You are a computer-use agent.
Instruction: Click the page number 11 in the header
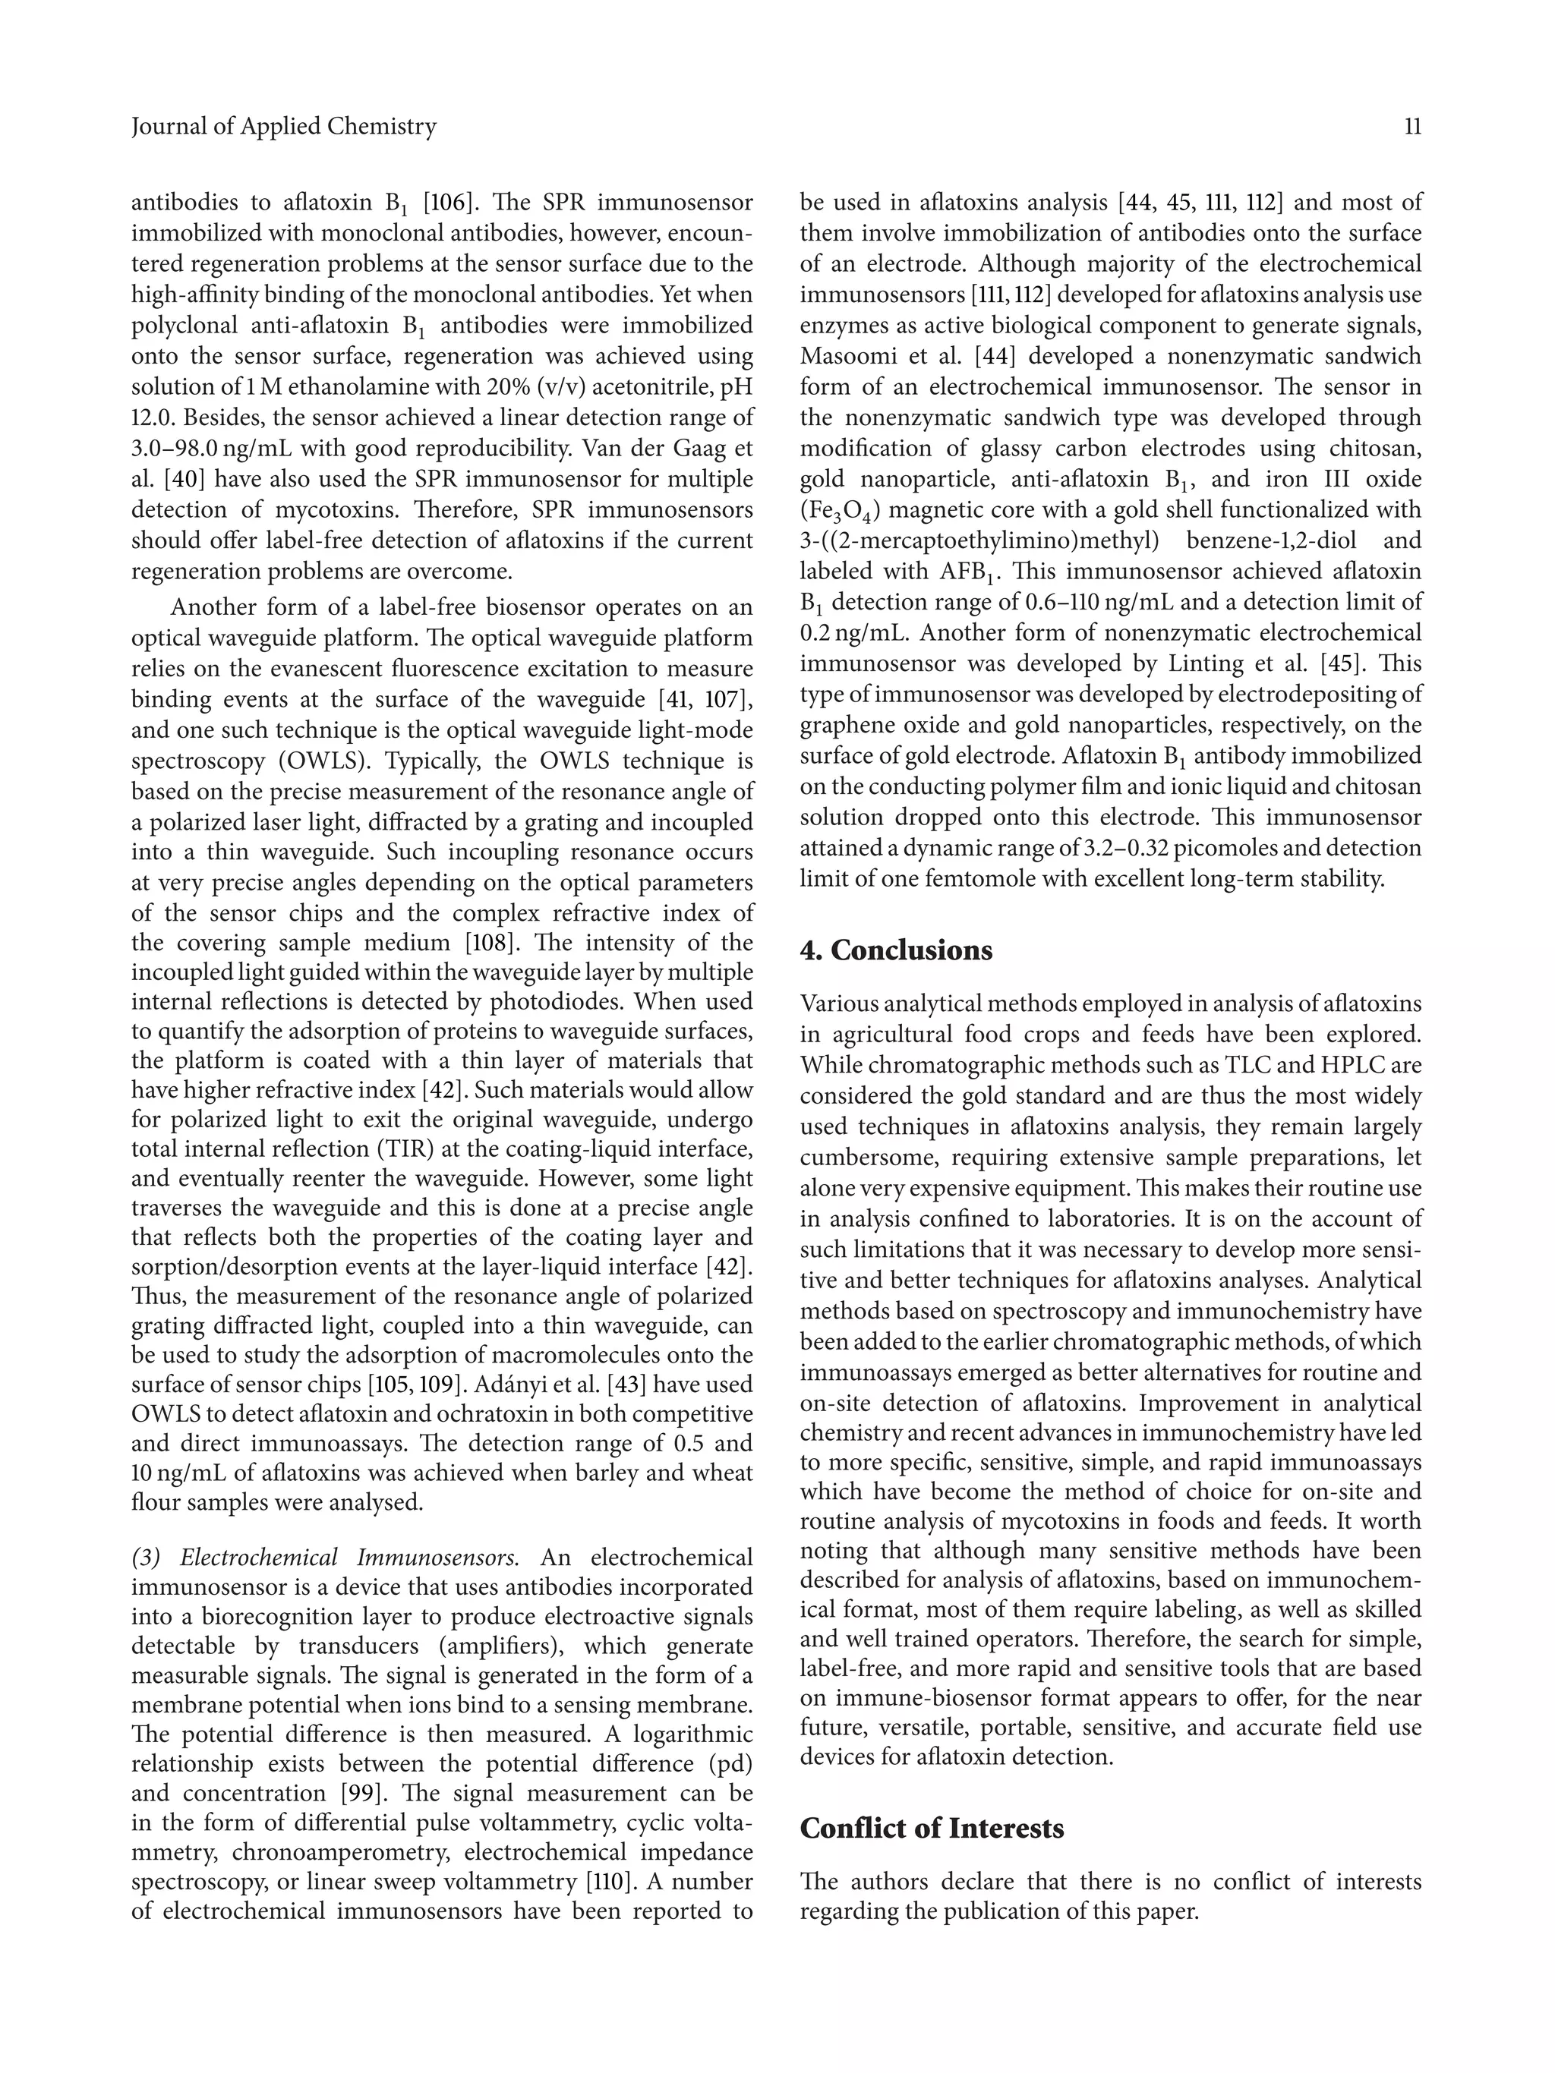[x=1411, y=127]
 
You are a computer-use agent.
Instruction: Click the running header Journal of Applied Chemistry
[x=284, y=127]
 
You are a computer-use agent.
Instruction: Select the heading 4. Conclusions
[x=895, y=950]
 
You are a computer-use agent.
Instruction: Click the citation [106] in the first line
[x=446, y=203]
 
